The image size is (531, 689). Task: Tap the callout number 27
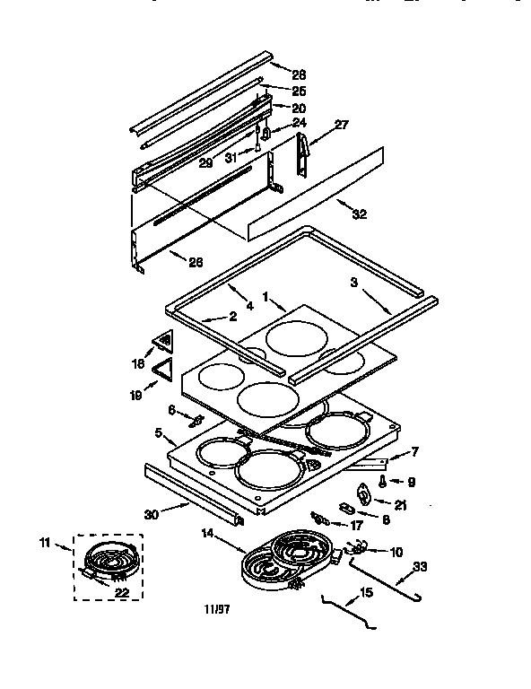[x=341, y=125]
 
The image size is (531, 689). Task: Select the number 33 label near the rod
[x=420, y=566]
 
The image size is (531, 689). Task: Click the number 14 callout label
[x=207, y=533]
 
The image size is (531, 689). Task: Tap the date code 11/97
[x=216, y=609]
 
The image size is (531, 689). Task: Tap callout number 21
[x=400, y=505]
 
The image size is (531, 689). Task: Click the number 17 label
[x=357, y=526]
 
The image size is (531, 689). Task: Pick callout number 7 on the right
[x=414, y=451]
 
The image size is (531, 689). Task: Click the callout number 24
[x=299, y=122]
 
